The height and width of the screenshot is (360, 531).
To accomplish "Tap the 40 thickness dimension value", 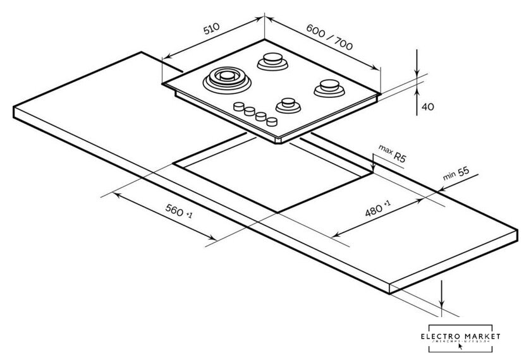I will click(427, 107).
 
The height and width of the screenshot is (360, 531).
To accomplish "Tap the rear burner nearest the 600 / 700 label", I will click(271, 61).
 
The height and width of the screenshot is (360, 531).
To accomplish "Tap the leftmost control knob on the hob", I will click(239, 107).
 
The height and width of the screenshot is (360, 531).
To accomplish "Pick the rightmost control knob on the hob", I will click(272, 121).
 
